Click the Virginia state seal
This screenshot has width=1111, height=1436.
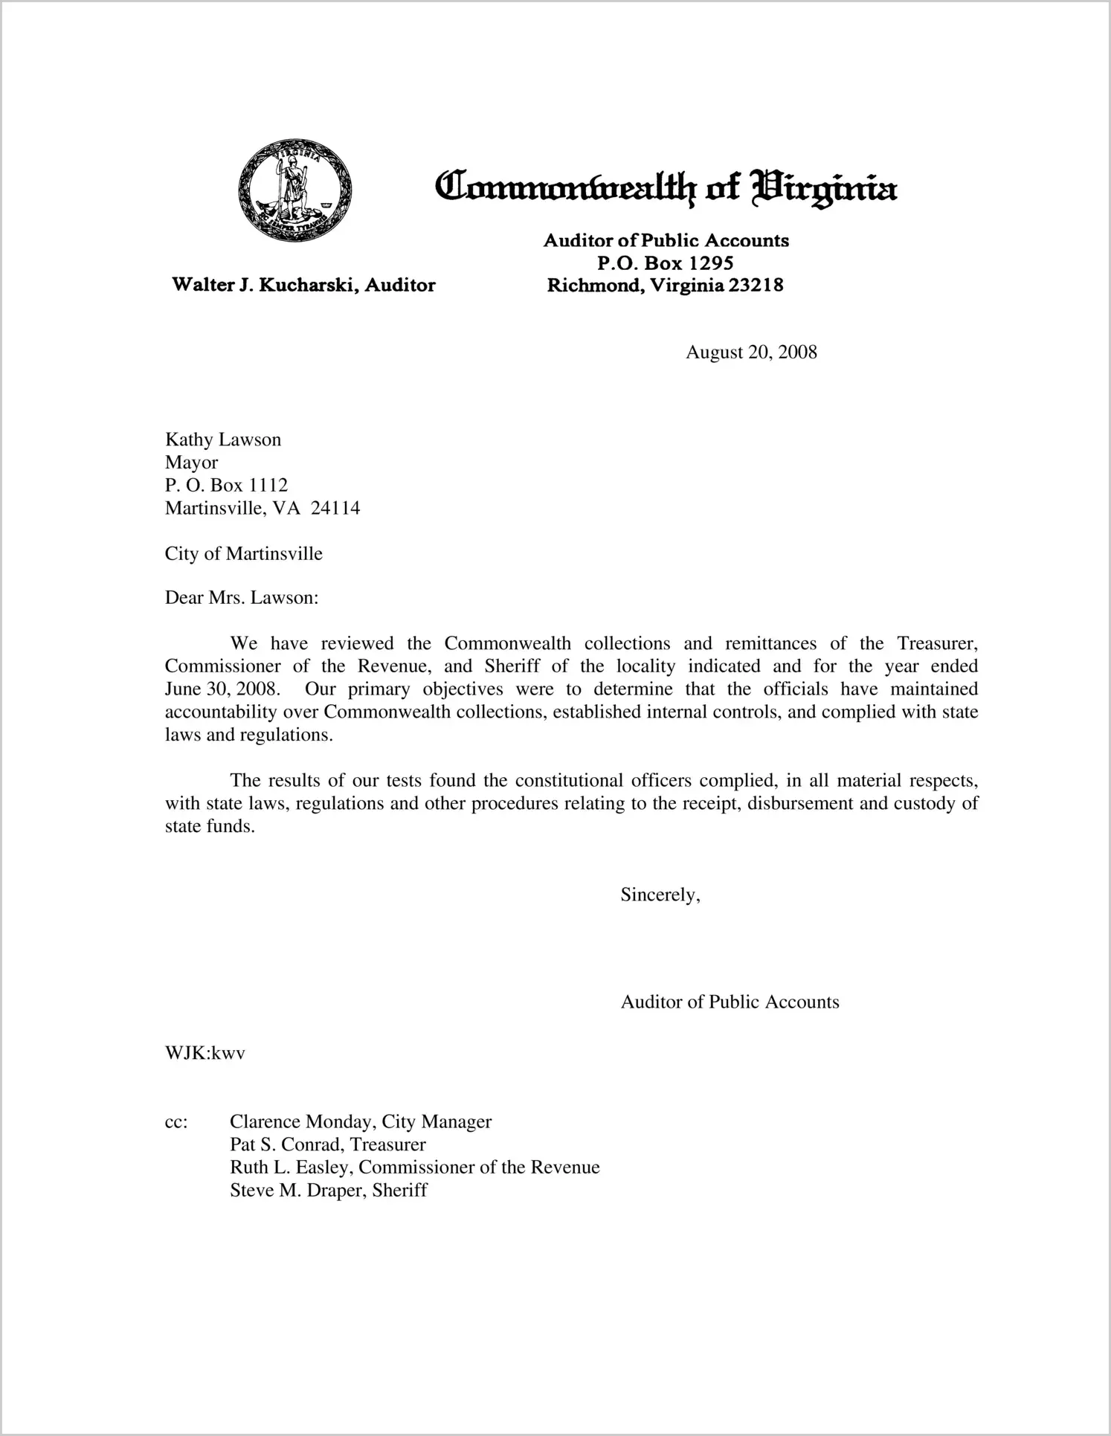click(295, 190)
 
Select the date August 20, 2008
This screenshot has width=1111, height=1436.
click(751, 352)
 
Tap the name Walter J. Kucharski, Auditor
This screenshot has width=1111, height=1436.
click(303, 285)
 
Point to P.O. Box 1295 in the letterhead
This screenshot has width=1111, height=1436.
click(666, 263)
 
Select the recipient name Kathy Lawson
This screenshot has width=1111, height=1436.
click(223, 440)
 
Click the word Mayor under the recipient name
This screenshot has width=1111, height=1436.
click(191, 463)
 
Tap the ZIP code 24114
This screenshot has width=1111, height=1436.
click(335, 508)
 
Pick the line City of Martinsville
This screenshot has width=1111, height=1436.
click(244, 554)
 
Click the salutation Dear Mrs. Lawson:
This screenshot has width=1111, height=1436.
click(242, 598)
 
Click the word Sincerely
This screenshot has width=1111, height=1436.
click(660, 895)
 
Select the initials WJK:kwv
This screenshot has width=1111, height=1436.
click(205, 1053)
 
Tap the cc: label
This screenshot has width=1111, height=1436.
click(176, 1121)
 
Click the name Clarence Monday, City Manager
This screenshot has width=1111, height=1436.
click(361, 1121)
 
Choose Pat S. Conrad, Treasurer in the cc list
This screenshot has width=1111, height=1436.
click(328, 1144)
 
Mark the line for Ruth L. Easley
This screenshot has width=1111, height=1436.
click(414, 1168)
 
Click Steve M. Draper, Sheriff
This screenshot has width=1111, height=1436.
click(329, 1191)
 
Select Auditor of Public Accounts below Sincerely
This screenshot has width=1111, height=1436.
click(730, 1002)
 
